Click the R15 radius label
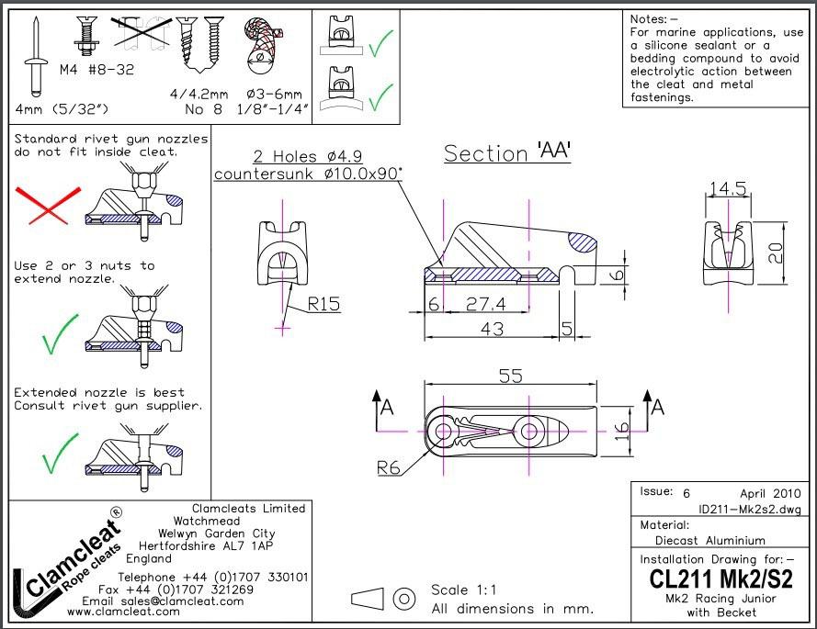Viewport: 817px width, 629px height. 323,302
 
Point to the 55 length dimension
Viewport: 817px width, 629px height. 510,376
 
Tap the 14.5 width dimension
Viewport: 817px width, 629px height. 726,189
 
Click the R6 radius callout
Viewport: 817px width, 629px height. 389,467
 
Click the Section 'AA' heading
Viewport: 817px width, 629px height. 507,153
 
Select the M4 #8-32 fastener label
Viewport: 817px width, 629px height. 97,70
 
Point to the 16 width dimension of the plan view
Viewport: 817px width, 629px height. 622,431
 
